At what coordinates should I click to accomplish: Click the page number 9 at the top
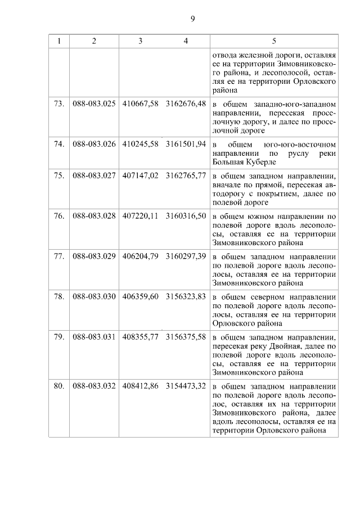click(192, 19)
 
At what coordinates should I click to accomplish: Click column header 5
click(274, 41)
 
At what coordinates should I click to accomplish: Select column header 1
click(59, 41)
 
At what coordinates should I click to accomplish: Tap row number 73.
click(59, 104)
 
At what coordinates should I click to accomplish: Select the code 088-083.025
click(94, 104)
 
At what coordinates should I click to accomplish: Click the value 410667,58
click(140, 104)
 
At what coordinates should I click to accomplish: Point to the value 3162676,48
click(186, 104)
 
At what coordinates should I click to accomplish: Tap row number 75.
click(59, 176)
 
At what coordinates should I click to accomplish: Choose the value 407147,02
click(140, 176)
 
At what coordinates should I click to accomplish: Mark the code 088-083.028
click(94, 216)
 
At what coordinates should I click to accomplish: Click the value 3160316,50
click(186, 216)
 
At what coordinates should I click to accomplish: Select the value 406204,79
click(140, 256)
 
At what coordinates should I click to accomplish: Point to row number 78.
click(59, 296)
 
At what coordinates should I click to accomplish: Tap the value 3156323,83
click(186, 296)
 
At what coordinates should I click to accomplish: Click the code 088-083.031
click(94, 336)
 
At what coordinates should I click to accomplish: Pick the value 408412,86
click(140, 386)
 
